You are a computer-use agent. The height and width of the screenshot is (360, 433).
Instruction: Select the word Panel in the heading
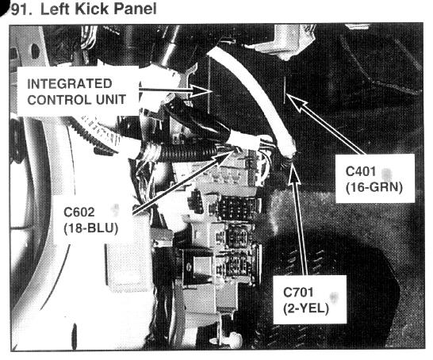[x=135, y=9]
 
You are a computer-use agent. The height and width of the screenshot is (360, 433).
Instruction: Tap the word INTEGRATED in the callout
[x=70, y=84]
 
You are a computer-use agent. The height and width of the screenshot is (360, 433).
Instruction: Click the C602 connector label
[x=79, y=212]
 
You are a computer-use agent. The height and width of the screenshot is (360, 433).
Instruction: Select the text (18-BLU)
[x=91, y=228]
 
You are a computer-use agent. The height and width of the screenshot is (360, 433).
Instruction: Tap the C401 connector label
[x=361, y=171]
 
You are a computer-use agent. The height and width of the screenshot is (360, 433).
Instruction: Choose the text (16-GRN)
[x=374, y=188]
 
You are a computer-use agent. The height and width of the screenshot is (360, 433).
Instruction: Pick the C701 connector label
[x=298, y=293]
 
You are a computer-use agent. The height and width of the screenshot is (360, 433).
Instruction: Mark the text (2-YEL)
[x=306, y=308]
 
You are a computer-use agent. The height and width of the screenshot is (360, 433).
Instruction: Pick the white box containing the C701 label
[x=310, y=299]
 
